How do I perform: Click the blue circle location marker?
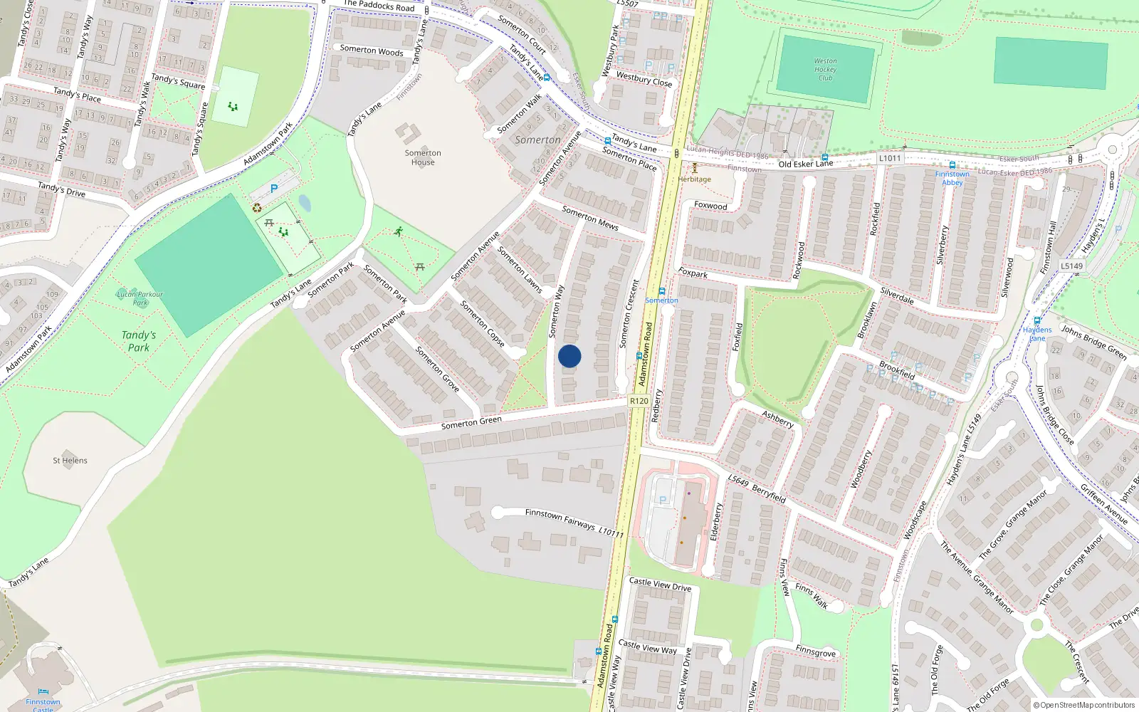tap(569, 356)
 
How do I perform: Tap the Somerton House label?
tap(423, 157)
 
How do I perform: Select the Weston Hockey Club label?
tap(825, 70)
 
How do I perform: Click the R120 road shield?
tap(639, 401)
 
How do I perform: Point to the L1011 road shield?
tap(890, 158)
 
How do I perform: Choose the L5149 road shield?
tap(1071, 266)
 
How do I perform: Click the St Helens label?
tap(70, 461)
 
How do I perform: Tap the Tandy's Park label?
tap(139, 341)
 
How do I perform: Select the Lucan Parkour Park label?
tap(140, 298)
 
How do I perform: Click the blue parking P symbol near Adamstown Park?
tap(273, 189)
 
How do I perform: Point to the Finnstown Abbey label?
tap(952, 178)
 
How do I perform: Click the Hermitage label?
tap(694, 179)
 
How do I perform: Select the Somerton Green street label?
tap(471, 422)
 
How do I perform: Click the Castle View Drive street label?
tap(660, 585)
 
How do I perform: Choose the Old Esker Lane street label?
tap(805, 164)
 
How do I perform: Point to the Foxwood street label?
tap(710, 205)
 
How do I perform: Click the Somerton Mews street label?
tap(590, 218)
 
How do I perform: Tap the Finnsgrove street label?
tap(816, 652)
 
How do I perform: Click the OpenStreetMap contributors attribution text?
tap(1085, 706)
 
